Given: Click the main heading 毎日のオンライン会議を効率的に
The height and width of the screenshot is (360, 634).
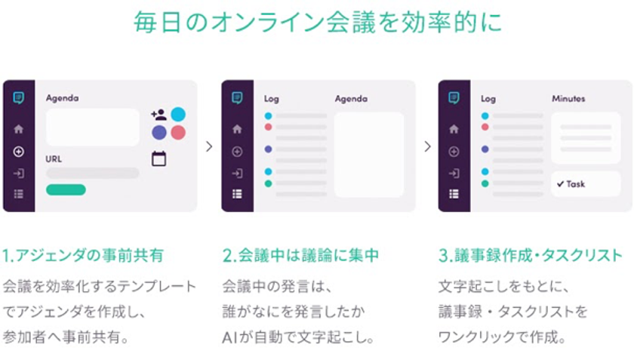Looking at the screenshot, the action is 318,21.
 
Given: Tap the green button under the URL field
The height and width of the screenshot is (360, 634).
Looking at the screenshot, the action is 66,189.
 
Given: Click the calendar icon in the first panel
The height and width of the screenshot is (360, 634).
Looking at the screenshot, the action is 159,158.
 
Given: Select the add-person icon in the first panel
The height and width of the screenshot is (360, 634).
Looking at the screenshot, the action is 158,115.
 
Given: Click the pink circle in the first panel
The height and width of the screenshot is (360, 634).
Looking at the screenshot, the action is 178,132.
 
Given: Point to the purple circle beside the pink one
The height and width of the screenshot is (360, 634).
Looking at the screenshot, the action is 159,132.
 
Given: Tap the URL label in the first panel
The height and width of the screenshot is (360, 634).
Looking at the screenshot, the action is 54,159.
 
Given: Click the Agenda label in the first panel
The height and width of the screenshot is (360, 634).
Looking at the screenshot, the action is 62,98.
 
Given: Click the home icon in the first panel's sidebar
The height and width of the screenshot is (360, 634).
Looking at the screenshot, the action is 19,129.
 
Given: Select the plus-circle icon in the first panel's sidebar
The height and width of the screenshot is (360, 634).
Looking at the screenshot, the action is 19,152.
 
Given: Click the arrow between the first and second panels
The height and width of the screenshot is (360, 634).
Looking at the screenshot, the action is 209,146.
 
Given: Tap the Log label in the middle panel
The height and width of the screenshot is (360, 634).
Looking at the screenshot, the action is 271,99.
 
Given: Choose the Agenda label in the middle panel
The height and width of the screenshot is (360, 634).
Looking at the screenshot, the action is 352,99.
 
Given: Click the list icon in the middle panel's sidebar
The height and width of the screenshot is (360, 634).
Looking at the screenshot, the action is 237,194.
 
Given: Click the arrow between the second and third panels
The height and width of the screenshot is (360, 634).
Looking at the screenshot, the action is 427,146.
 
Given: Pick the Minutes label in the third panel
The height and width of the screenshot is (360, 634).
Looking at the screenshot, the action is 568,98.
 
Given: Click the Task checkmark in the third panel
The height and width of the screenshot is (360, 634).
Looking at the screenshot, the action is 560,184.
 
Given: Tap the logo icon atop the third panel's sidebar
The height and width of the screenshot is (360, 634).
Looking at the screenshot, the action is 454,97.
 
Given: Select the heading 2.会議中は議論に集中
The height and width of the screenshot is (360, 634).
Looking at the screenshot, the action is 300,255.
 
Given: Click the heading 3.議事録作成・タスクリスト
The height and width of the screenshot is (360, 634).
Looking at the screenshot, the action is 531,255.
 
